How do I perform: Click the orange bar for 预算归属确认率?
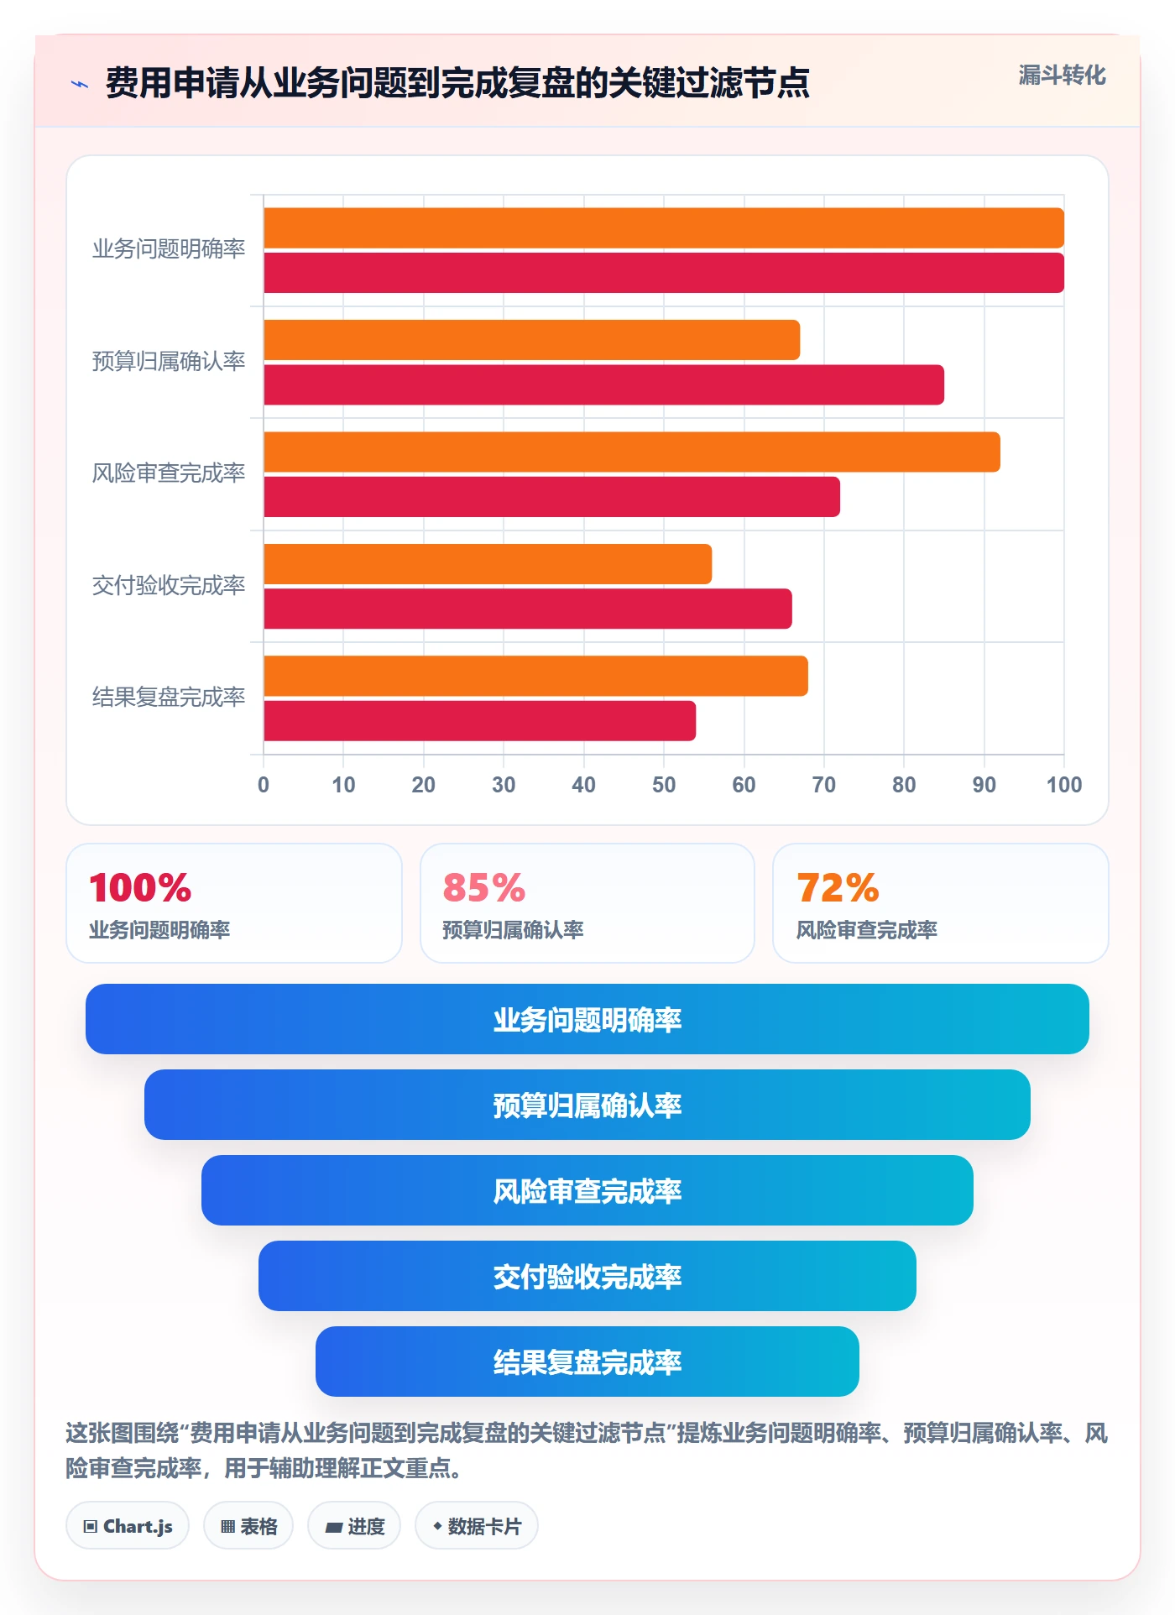[531, 340]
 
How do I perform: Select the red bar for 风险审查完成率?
[551, 497]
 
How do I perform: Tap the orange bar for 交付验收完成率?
[488, 564]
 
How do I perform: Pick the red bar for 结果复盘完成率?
[479, 721]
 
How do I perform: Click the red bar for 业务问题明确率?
[664, 273]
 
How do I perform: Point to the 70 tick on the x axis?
[823, 785]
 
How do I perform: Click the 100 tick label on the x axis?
[1064, 785]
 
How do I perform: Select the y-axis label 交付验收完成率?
[169, 585]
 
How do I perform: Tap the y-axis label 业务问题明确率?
[169, 249]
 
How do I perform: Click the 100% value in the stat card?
[140, 887]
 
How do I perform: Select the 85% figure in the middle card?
[484, 887]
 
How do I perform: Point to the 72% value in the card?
[838, 887]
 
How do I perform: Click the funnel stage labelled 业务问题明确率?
[587, 1019]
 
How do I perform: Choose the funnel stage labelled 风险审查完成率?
[587, 1190]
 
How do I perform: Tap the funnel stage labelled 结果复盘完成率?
[587, 1362]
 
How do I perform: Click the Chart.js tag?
[128, 1526]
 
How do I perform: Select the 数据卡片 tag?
[477, 1526]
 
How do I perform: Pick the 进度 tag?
[354, 1526]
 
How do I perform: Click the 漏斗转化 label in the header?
[1062, 76]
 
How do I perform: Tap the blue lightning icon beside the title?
[80, 84]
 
